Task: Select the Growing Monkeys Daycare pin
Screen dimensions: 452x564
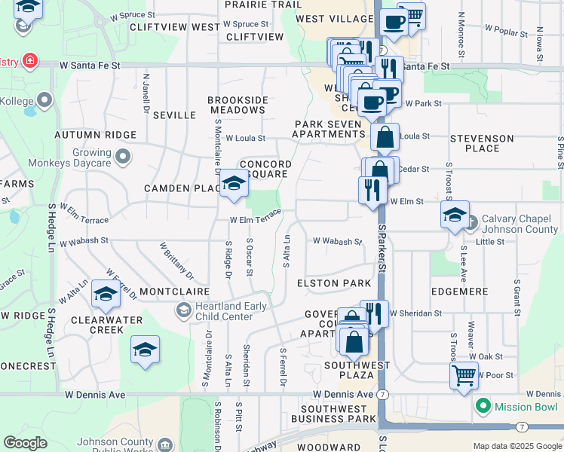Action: click(123, 157)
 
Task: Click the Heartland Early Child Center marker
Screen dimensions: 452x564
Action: click(183, 310)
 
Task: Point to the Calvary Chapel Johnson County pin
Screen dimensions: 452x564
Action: click(471, 222)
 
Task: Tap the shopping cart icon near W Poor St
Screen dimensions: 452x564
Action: click(464, 374)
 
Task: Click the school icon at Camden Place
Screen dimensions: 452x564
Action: click(234, 184)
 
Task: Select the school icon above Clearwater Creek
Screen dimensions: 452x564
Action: click(106, 294)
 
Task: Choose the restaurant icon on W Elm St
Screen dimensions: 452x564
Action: click(372, 188)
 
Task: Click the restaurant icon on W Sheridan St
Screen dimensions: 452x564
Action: click(374, 312)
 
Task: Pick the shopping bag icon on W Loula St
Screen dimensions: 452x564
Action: click(385, 137)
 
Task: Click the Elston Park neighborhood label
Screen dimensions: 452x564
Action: click(334, 283)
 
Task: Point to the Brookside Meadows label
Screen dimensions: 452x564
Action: click(238, 105)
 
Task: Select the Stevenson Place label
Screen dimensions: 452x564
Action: click(482, 143)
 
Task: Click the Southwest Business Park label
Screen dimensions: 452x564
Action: click(333, 413)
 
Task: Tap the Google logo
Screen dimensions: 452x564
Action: click(25, 444)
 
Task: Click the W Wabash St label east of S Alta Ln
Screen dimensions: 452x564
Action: click(338, 242)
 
